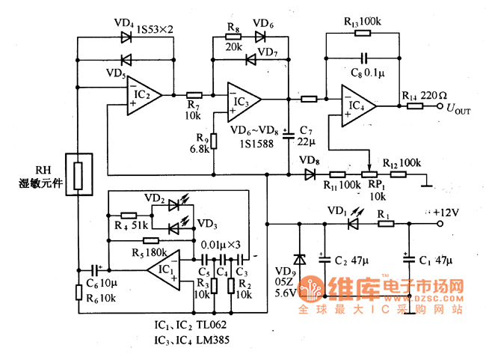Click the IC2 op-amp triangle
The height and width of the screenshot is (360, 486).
(143, 95)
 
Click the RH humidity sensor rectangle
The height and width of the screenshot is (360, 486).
(79, 174)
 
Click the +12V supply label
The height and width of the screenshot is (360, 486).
(447, 213)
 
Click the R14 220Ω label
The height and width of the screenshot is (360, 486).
(424, 96)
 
